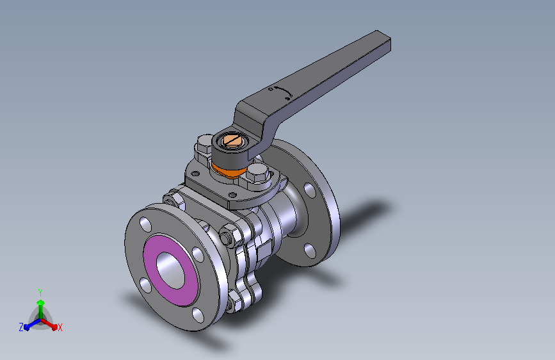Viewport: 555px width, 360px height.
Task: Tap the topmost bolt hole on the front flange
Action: click(145, 224)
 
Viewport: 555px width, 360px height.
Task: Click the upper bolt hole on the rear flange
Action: click(310, 190)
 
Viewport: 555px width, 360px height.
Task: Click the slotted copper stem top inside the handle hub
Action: click(231, 139)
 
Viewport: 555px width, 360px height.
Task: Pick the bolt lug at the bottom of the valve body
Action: click(238, 297)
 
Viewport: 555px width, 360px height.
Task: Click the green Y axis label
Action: click(40, 292)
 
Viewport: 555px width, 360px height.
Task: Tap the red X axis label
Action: click(60, 328)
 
